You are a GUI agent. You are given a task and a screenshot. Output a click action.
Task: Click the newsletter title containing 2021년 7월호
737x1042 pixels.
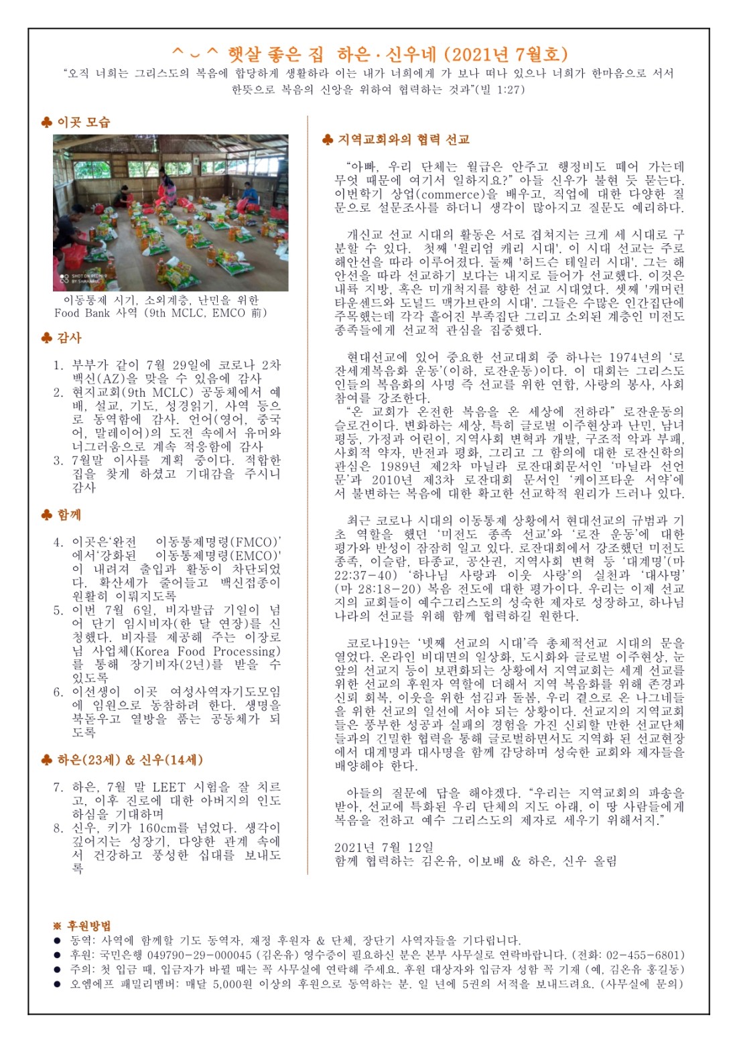369,54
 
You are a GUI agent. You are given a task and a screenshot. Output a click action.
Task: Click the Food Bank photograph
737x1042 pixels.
171,212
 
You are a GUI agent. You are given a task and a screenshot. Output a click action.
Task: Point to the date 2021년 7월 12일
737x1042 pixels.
384,847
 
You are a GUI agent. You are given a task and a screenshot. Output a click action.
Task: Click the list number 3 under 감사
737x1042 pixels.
58,460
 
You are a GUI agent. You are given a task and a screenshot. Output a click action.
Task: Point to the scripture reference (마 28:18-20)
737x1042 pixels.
375,588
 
